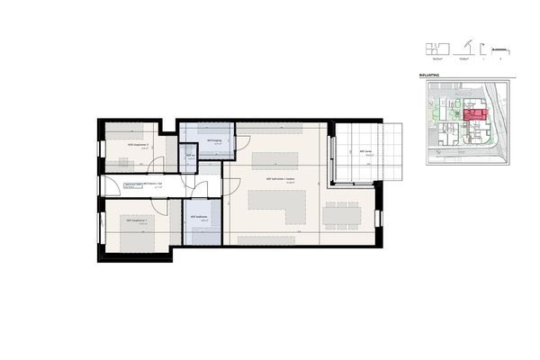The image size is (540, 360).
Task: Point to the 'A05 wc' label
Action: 190,157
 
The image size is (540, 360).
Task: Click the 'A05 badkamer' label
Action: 199,217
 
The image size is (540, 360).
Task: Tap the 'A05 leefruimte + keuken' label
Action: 277,180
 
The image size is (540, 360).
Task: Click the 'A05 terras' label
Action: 364,151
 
